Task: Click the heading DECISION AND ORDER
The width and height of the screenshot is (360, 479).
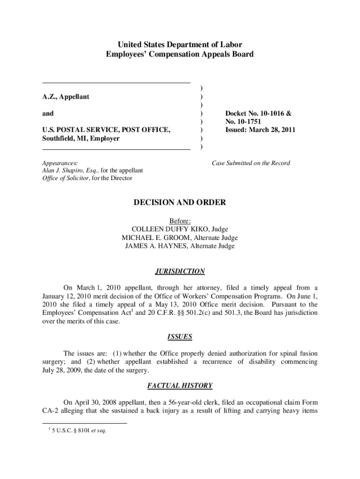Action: tap(180, 203)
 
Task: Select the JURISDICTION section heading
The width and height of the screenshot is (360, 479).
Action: tap(180, 271)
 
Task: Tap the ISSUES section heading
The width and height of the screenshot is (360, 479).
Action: tap(180, 336)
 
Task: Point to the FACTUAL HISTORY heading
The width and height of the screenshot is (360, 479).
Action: tap(180, 386)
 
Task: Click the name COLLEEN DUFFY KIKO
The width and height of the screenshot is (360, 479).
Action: tap(171, 229)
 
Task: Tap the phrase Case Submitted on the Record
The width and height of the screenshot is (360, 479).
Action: tap(251, 163)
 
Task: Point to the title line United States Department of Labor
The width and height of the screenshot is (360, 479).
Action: tap(180, 45)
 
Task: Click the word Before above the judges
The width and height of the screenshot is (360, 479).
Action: tap(180, 221)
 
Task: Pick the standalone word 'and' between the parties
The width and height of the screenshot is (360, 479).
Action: tap(48, 113)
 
